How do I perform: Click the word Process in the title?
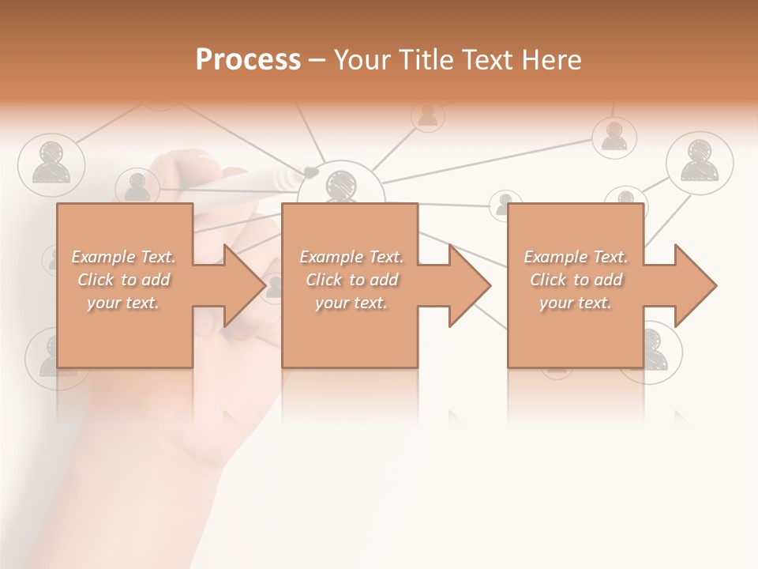(x=248, y=60)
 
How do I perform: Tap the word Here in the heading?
(x=552, y=60)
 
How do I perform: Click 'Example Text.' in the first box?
(x=123, y=257)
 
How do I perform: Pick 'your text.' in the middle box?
(x=351, y=303)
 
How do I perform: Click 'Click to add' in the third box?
(x=576, y=280)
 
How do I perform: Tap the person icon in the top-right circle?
(x=700, y=163)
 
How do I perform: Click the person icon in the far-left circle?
(x=51, y=163)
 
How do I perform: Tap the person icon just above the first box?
(x=137, y=187)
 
